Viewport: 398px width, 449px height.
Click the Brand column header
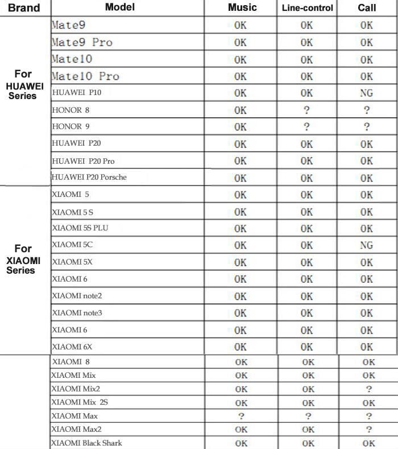pyautogui.click(x=24, y=8)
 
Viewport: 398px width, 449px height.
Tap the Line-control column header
pyautogui.click(x=307, y=8)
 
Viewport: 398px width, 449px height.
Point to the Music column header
pyautogui.click(x=242, y=7)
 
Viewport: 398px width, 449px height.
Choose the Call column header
pyautogui.click(x=367, y=8)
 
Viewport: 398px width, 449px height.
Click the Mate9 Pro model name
pyautogui.click(x=82, y=42)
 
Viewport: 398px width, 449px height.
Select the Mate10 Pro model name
pyautogui.click(x=85, y=76)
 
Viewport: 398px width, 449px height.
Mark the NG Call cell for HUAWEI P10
pyautogui.click(x=366, y=93)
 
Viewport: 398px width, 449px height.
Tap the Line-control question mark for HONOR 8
pyautogui.click(x=306, y=110)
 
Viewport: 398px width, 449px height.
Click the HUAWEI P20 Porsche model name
pyautogui.click(x=89, y=177)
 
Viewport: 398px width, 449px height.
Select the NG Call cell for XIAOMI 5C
pyautogui.click(x=366, y=245)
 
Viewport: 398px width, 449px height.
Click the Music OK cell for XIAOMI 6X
pyautogui.click(x=241, y=347)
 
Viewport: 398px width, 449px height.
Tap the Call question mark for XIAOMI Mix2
pyautogui.click(x=368, y=389)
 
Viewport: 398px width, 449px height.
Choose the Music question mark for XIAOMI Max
pyautogui.click(x=241, y=416)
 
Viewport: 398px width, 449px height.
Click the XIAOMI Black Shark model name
pyautogui.click(x=86, y=443)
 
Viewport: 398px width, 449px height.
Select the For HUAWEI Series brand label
pyautogui.click(x=23, y=85)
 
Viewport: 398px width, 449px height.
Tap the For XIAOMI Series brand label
pyautogui.click(x=23, y=259)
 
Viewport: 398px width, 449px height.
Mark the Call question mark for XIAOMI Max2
pyautogui.click(x=368, y=430)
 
